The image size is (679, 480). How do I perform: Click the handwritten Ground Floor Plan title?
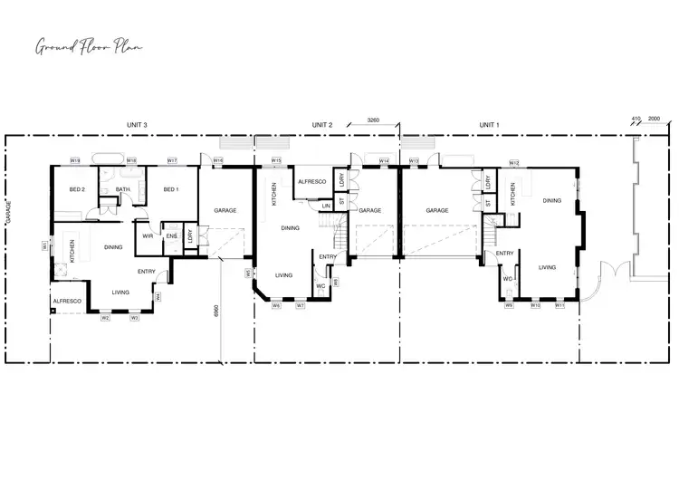[x=88, y=46]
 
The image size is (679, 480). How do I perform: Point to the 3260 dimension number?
[x=373, y=120]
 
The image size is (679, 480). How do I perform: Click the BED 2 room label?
[x=77, y=189]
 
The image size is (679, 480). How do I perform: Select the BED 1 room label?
[x=170, y=189]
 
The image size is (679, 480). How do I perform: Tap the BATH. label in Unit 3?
[x=124, y=189]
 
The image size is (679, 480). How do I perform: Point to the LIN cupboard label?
[x=326, y=206]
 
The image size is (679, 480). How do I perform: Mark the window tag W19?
[x=76, y=160]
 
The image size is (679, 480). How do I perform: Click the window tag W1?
[x=44, y=245]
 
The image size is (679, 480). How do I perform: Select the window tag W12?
[x=513, y=163]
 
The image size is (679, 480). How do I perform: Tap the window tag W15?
[x=277, y=160]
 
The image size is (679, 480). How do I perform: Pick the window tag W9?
[x=510, y=306]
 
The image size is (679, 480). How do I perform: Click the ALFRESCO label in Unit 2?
[x=312, y=181]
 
